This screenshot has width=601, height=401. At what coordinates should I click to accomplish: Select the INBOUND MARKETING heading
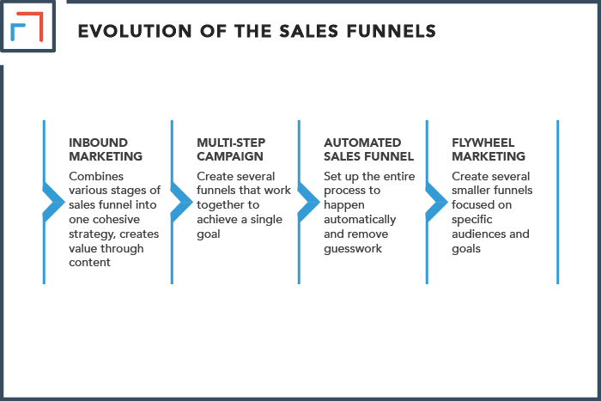[x=106, y=149]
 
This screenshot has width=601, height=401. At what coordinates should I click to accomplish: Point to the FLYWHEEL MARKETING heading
[x=488, y=149]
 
